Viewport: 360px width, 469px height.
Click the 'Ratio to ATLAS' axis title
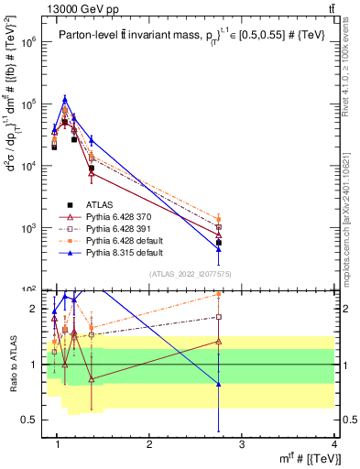12,364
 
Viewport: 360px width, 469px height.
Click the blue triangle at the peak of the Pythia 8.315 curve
65,98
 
